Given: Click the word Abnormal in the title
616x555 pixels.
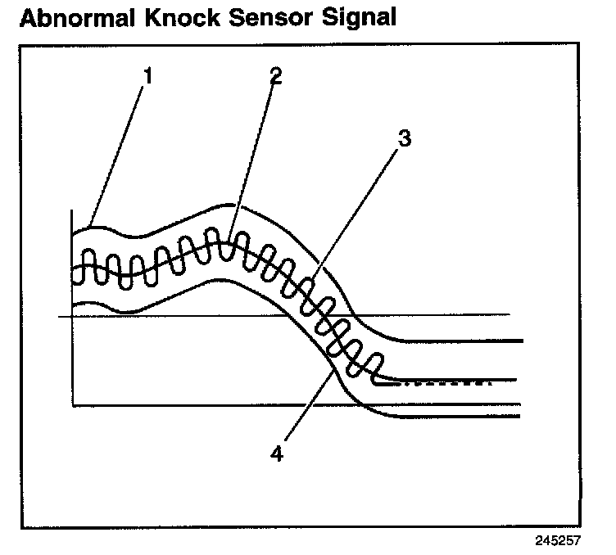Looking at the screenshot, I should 74,18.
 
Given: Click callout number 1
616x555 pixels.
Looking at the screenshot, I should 147,75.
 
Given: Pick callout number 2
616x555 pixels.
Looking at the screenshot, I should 275,75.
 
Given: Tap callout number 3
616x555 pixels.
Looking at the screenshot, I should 402,139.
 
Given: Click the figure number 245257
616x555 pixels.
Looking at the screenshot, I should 559,541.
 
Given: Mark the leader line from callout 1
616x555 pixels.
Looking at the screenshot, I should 119,151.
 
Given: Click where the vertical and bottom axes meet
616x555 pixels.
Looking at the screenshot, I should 72,405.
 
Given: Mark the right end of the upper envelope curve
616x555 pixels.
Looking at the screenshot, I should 521,340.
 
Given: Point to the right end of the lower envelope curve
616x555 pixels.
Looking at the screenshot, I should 519,417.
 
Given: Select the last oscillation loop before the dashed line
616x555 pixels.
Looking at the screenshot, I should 376,366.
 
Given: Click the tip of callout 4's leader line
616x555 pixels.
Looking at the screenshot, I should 333,372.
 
